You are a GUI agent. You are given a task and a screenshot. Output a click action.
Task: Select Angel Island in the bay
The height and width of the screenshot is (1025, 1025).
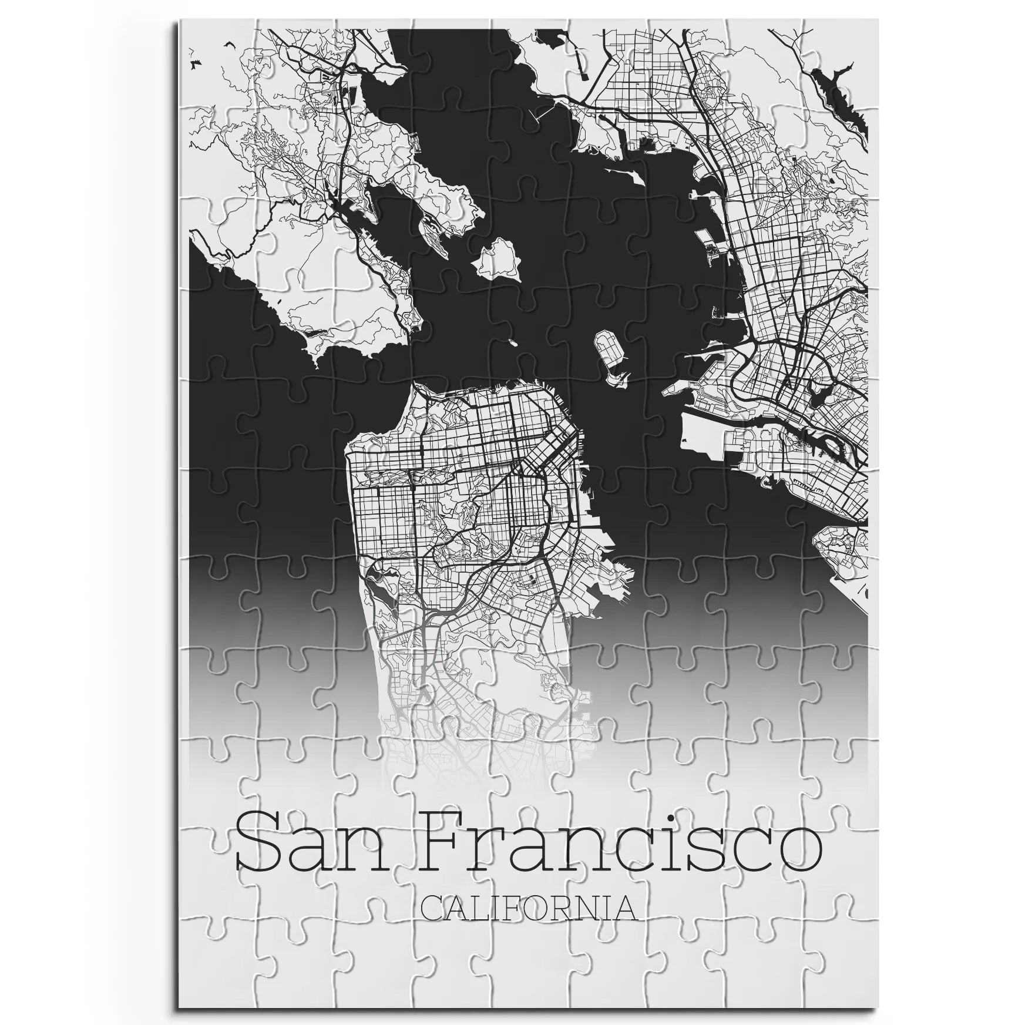[x=500, y=258]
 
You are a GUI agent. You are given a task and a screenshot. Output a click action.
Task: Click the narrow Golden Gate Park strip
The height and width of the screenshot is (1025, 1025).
[x=405, y=469]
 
